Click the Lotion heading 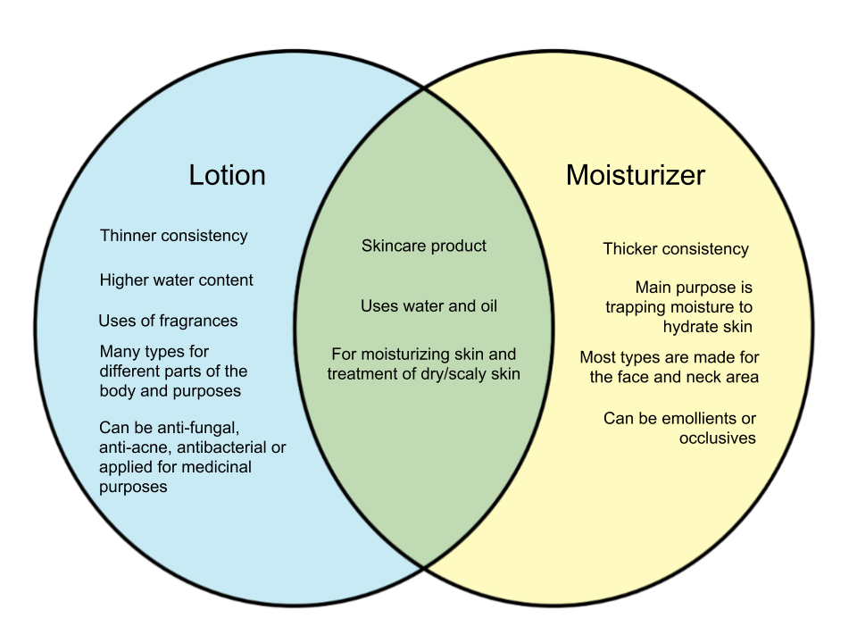click(x=227, y=175)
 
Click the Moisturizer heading click(x=635, y=175)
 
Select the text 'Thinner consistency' click(x=173, y=237)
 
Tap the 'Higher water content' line click(x=176, y=280)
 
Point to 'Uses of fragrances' click(x=168, y=321)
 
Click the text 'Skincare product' click(x=424, y=246)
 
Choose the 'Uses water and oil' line click(x=428, y=306)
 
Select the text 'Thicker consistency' click(x=676, y=249)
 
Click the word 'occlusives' click(x=718, y=438)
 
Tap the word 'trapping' click(x=634, y=307)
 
